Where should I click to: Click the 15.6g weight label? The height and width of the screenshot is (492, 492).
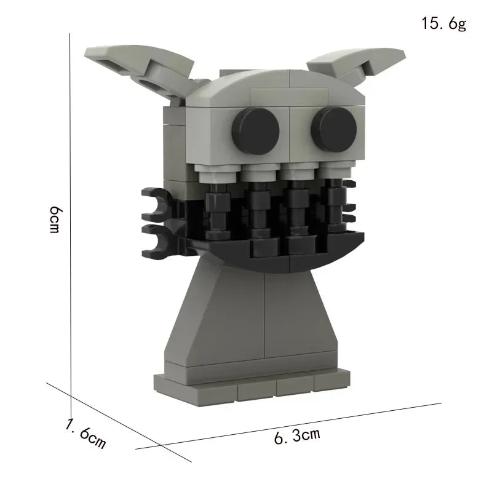(x=443, y=23)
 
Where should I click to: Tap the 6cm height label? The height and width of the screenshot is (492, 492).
(x=55, y=220)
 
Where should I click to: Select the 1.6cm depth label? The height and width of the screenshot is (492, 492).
(x=85, y=434)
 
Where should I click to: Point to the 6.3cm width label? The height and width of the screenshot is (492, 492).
(x=297, y=436)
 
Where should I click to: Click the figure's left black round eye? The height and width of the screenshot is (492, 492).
(x=255, y=131)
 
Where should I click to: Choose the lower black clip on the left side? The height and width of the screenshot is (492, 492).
(x=156, y=242)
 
